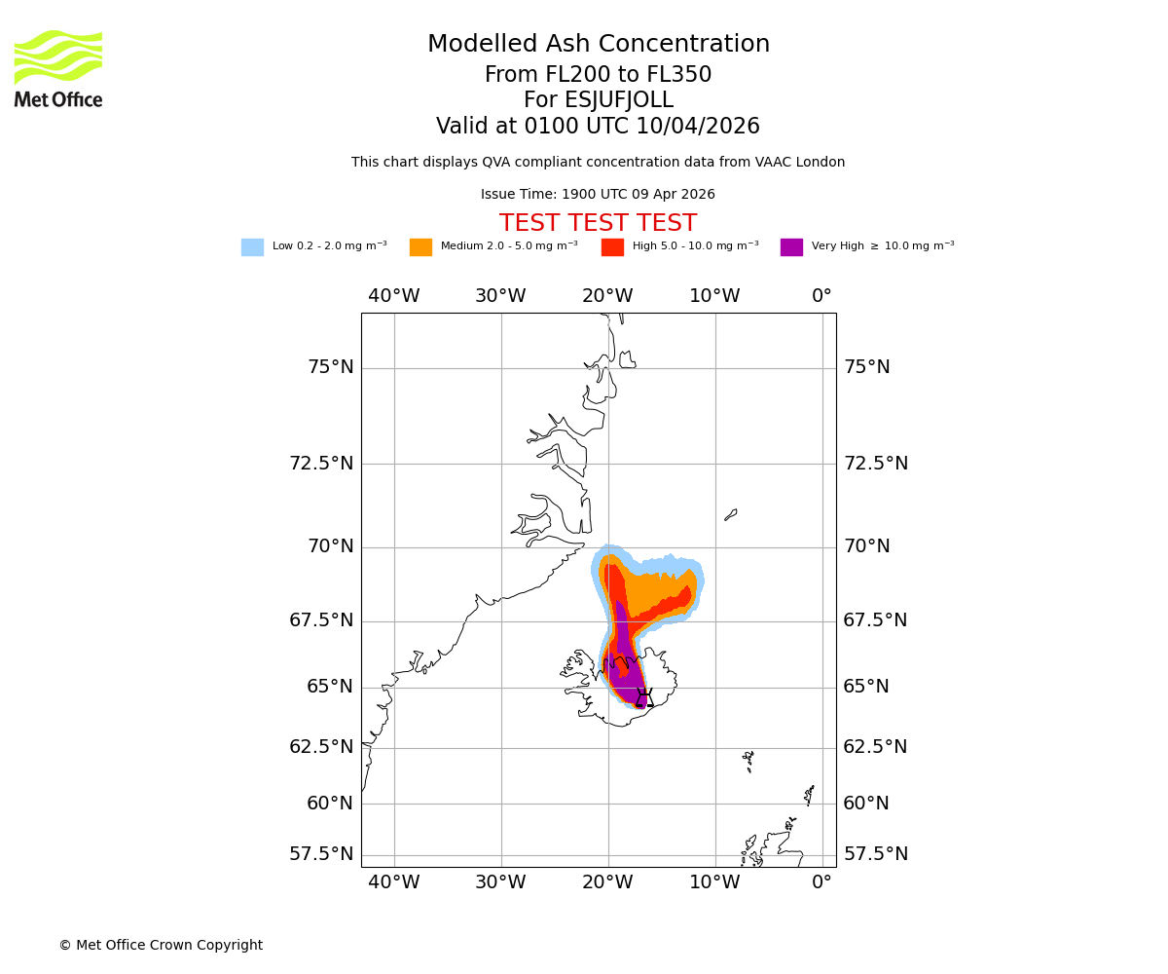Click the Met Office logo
(x=58, y=68)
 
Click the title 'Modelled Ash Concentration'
(x=599, y=45)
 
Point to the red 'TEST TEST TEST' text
(x=598, y=223)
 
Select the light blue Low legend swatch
(x=252, y=247)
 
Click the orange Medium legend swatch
(x=420, y=247)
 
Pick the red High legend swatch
(x=612, y=247)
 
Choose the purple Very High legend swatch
(x=791, y=247)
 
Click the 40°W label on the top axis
(x=394, y=296)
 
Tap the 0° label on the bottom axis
(x=822, y=882)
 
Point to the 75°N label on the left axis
(x=331, y=367)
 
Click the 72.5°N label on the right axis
(x=876, y=464)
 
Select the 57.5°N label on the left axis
(x=321, y=854)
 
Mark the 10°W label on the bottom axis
(x=715, y=882)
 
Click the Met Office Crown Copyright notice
(x=161, y=945)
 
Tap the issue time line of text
(x=598, y=195)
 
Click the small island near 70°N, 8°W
(x=731, y=514)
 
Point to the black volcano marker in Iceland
(x=643, y=697)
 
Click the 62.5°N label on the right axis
(x=876, y=747)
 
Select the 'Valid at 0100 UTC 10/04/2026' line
(x=598, y=127)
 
